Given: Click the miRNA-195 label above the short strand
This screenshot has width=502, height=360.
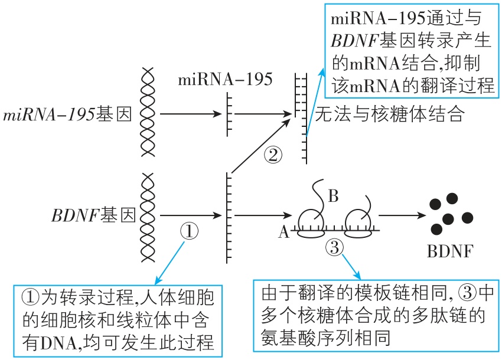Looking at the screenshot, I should [x=225, y=79].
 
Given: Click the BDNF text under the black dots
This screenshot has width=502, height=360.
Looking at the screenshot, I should [x=449, y=254].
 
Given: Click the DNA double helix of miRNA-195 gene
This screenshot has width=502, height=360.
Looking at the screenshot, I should [x=148, y=112].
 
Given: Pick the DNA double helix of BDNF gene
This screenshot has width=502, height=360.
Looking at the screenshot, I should [x=148, y=215].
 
